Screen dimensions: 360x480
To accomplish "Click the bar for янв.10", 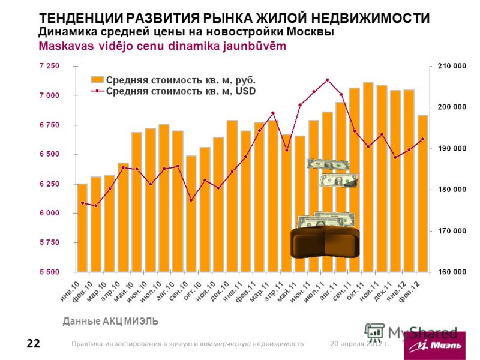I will (x=82, y=228).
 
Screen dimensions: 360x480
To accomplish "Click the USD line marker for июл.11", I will (x=328, y=80).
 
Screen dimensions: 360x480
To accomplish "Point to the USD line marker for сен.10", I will (x=191, y=200).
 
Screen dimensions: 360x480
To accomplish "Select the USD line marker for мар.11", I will (x=273, y=113).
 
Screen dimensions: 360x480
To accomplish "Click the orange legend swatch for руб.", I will (x=97, y=79).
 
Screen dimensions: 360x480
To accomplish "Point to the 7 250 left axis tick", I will (x=50, y=66).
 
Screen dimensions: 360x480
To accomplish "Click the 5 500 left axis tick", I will (x=50, y=272).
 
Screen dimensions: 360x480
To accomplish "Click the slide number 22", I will (x=33, y=344).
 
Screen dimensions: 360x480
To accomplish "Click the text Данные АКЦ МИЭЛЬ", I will (x=110, y=322).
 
